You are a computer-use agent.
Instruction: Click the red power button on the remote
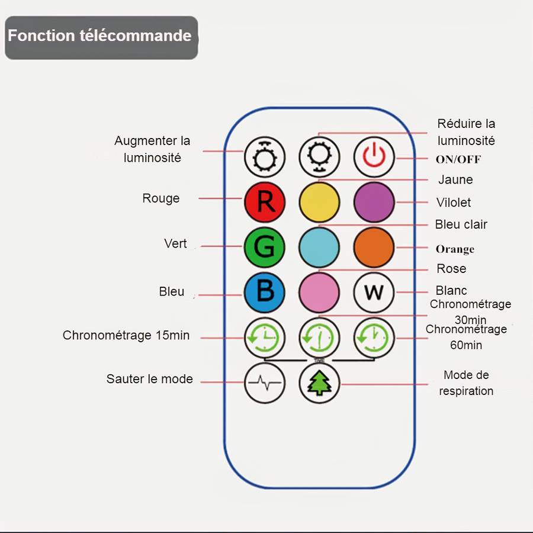click(x=374, y=157)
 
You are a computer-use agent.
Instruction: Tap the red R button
click(x=265, y=202)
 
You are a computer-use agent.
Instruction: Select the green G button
click(x=265, y=247)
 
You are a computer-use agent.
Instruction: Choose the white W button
click(x=374, y=292)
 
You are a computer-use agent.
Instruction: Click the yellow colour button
click(x=319, y=202)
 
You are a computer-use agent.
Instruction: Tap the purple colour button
click(x=374, y=202)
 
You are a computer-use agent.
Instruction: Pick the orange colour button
click(x=374, y=247)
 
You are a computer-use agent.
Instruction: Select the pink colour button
click(x=319, y=292)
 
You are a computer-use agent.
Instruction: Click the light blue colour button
click(x=319, y=247)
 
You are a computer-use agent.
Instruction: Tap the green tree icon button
click(x=319, y=383)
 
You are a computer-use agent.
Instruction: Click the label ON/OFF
click(x=458, y=159)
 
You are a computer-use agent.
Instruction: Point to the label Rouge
click(x=160, y=198)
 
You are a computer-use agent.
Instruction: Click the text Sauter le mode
click(x=150, y=379)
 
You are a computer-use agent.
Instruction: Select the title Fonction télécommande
click(x=99, y=36)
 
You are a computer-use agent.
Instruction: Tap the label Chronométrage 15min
click(x=126, y=336)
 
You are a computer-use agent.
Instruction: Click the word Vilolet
click(x=454, y=203)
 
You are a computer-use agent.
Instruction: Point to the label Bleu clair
click(x=461, y=224)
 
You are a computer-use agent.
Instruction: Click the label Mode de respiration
click(x=466, y=383)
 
